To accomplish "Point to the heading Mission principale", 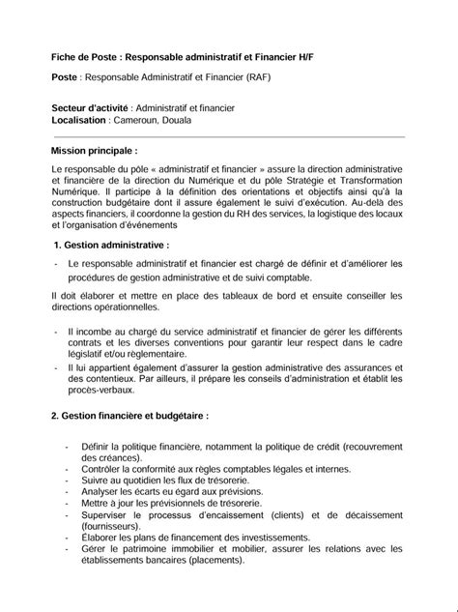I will (x=94, y=152).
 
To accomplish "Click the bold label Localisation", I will (x=78, y=121).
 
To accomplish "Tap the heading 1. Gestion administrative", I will (x=112, y=246).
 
